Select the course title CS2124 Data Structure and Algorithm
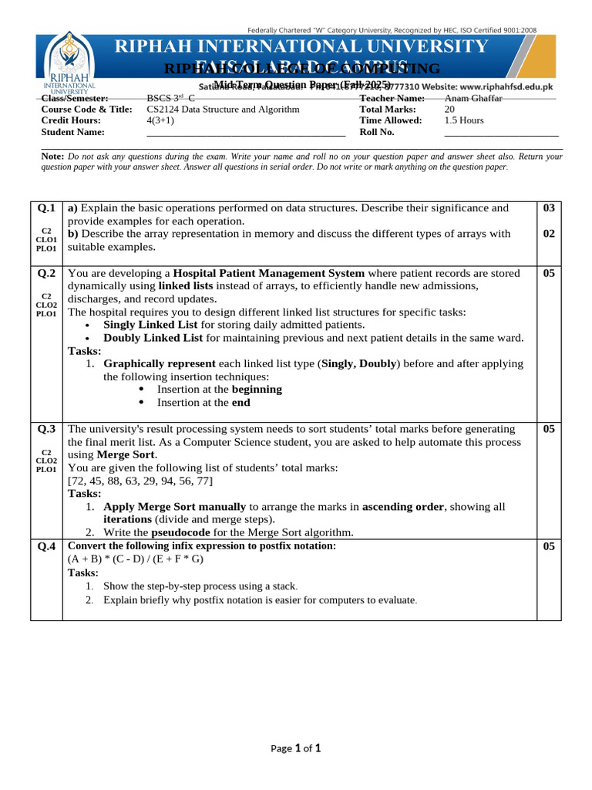click(223, 110)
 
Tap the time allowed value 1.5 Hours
click(464, 120)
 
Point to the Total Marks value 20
click(449, 110)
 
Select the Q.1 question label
click(46, 208)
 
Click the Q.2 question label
click(46, 273)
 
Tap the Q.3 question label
click(46, 429)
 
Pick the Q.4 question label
click(46, 547)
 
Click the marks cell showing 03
click(549, 208)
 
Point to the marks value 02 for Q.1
click(549, 234)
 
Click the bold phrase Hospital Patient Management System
click(269, 273)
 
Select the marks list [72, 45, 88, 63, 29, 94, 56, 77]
click(140, 481)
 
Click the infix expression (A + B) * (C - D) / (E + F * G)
click(136, 559)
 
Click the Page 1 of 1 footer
click(295, 748)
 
